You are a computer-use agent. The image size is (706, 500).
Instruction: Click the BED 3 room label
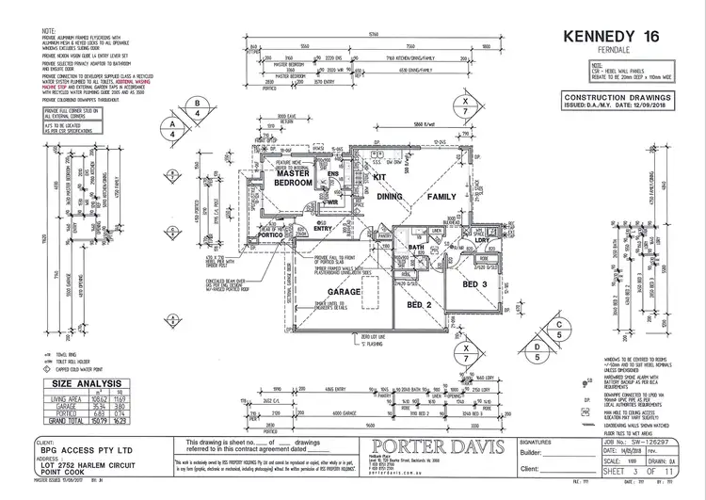[473, 283]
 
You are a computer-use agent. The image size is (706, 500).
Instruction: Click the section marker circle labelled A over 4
[171, 123]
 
